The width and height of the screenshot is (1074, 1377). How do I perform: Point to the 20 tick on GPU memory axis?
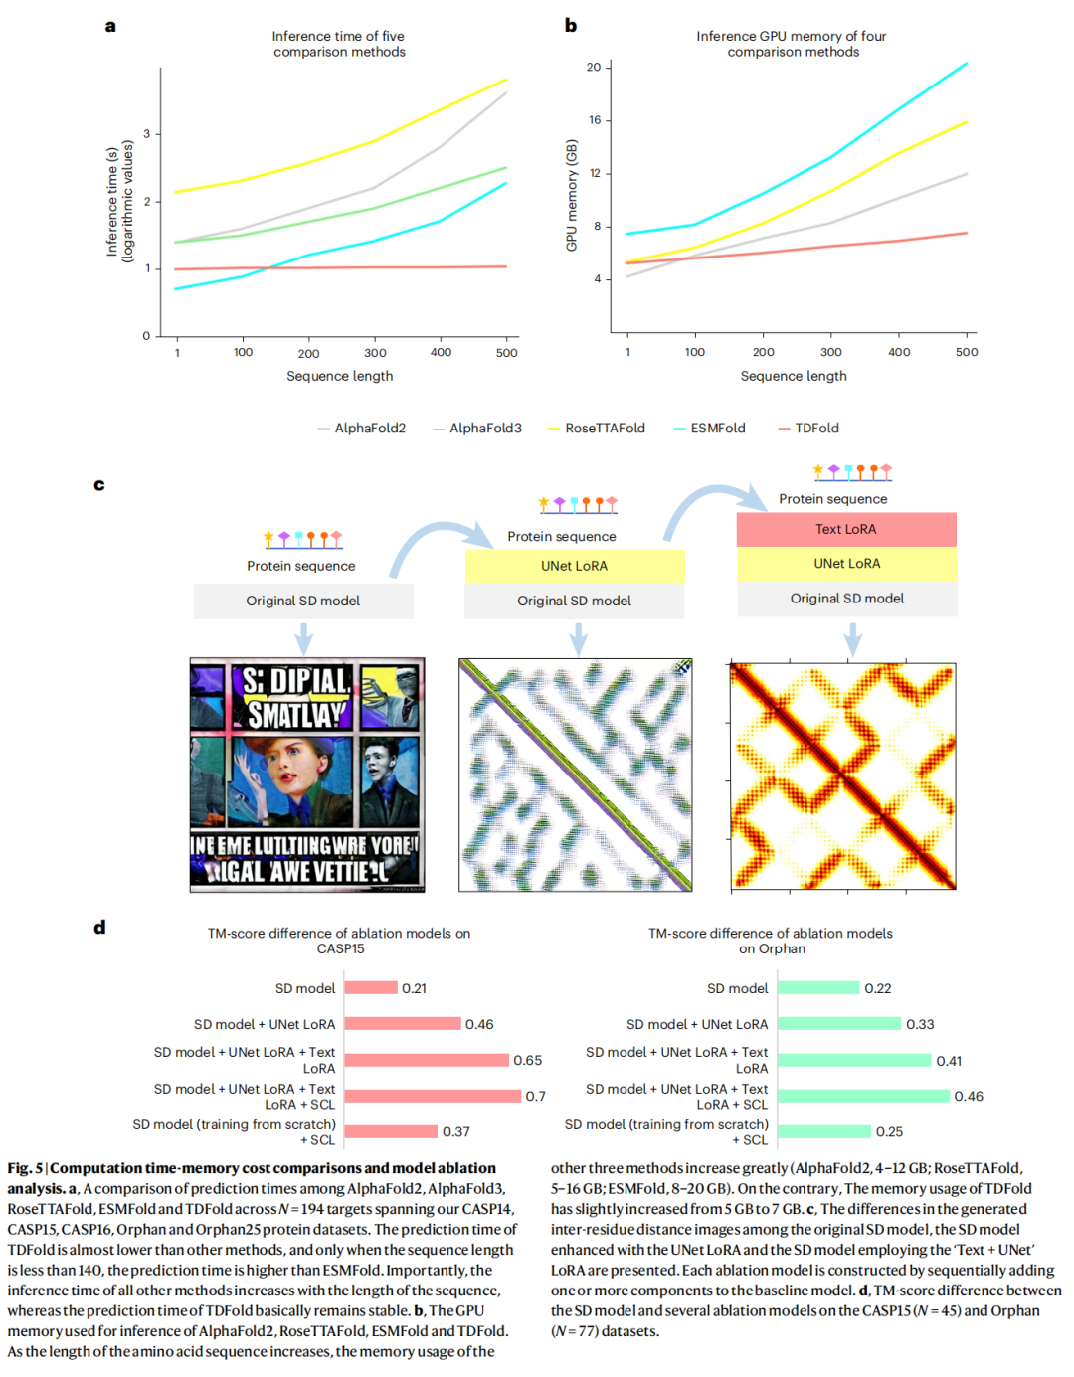click(x=594, y=68)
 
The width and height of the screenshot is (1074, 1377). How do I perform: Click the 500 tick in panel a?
click(x=506, y=353)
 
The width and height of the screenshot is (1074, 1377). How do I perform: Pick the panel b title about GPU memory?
click(x=792, y=44)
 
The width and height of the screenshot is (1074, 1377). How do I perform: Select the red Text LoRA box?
click(x=846, y=530)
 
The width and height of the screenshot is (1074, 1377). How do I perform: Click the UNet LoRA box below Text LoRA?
click(x=846, y=564)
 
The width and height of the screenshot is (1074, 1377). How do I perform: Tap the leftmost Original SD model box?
click(x=303, y=602)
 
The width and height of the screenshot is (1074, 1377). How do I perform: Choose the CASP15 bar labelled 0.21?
click(x=371, y=988)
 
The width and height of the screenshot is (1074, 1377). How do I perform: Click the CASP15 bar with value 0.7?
click(x=433, y=1096)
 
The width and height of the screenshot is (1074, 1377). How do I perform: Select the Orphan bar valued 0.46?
click(x=863, y=1096)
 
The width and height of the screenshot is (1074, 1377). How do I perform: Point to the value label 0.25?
click(x=889, y=1132)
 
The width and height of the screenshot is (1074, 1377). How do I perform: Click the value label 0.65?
click(x=527, y=1061)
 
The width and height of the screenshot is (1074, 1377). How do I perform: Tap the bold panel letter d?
click(x=99, y=928)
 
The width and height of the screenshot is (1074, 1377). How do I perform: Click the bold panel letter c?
click(x=99, y=485)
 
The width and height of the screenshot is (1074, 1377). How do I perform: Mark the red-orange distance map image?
click(x=843, y=775)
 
